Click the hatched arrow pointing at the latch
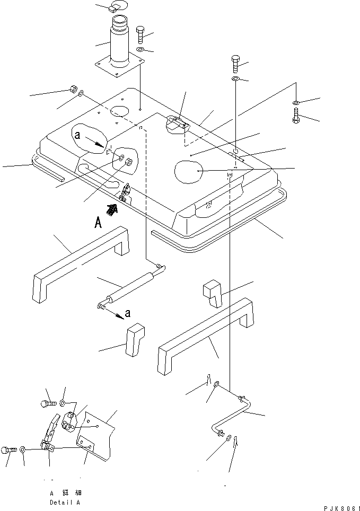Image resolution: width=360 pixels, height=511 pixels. tap(111, 209)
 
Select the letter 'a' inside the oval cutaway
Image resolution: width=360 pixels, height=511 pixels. tap(77, 136)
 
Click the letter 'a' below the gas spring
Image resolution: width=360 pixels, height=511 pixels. tap(128, 315)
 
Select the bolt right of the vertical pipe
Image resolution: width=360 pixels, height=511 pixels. tap(140, 35)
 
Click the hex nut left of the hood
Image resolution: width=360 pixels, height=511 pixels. tap(74, 89)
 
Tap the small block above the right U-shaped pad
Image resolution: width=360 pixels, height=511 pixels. tap(213, 294)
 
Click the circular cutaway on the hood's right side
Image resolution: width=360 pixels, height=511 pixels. tap(188, 172)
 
